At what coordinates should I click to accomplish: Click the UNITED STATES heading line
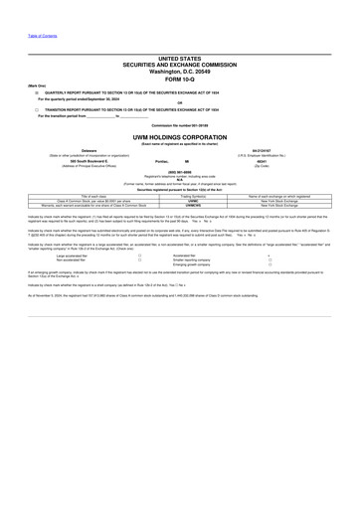[x=179, y=60]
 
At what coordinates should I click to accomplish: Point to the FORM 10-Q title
[x=179, y=81]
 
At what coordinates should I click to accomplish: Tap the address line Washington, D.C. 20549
[x=179, y=73]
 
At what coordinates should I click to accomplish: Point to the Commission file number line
[x=179, y=125]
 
